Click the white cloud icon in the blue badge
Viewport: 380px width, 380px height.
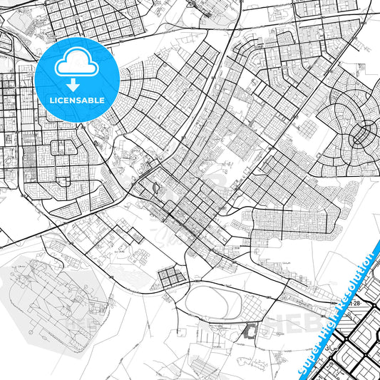tap(77, 63)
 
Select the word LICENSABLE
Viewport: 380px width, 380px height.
tap(77, 101)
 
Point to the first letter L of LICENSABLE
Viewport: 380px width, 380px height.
tap(52, 101)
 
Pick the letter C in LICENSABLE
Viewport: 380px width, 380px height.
tap(64, 101)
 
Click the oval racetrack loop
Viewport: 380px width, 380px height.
tap(209, 304)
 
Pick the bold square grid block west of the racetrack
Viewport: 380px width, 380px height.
tap(170, 278)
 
